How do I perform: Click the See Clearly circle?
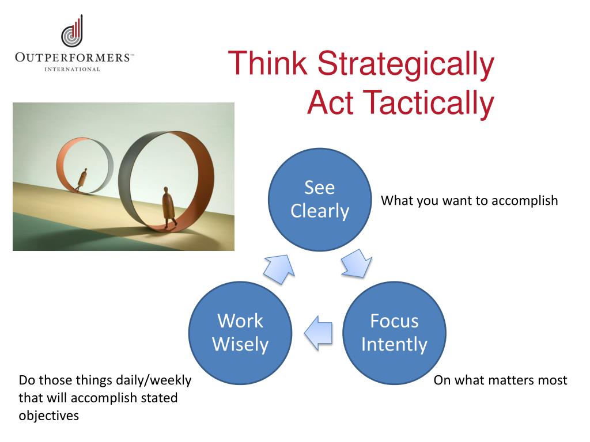[319, 199]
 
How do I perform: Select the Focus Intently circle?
[394, 333]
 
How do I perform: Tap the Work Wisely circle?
[240, 333]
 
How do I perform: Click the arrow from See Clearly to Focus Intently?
[357, 264]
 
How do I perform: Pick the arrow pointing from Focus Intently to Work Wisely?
[318, 333]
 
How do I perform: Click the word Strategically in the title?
[406, 64]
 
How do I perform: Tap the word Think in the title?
[267, 63]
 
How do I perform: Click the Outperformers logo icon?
[72, 32]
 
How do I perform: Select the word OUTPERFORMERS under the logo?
[73, 58]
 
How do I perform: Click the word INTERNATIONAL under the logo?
[72, 69]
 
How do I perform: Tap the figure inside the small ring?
[82, 180]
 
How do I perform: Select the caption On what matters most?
[500, 380]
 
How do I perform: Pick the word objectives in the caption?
[49, 416]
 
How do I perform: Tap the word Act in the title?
[330, 102]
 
